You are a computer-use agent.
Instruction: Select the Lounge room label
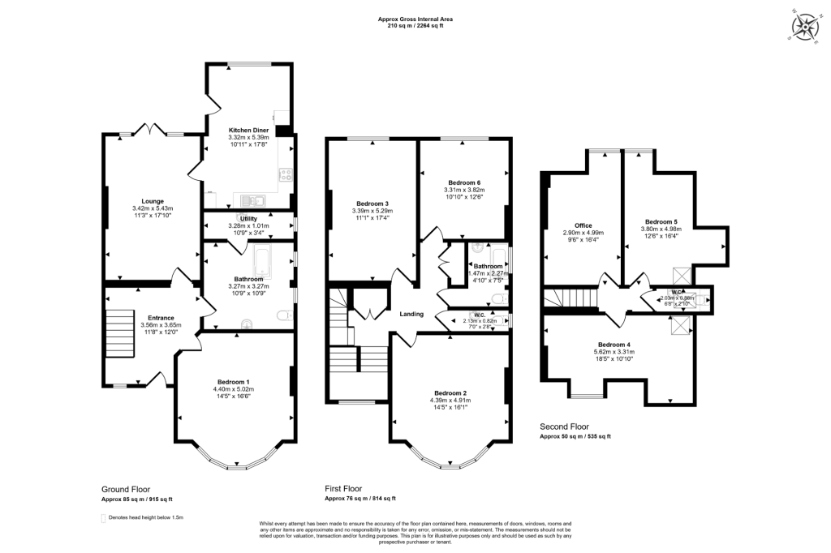click(153, 201)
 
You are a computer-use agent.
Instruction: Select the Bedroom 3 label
click(372, 204)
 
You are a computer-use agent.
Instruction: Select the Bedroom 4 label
click(619, 345)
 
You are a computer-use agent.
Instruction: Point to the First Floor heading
click(342, 489)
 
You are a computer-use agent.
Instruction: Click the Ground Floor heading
click(126, 489)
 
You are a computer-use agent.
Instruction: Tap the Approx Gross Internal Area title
click(415, 19)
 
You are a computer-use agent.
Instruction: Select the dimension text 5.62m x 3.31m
click(619, 352)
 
